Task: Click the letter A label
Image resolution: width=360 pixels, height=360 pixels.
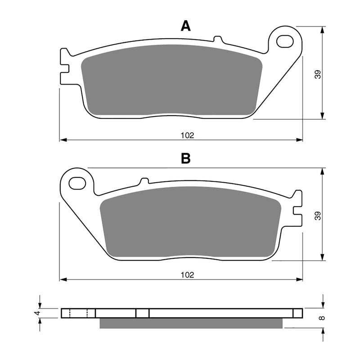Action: [185, 26]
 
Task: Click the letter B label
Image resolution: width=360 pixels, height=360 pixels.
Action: [185, 158]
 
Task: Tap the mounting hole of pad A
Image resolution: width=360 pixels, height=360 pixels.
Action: [285, 42]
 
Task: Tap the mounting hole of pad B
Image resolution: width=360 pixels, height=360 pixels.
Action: [77, 183]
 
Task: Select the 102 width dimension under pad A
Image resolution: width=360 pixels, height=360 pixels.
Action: [188, 135]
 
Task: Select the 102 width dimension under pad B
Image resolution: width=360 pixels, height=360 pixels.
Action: [188, 274]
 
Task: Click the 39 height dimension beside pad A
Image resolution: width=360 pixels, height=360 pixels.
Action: [318, 74]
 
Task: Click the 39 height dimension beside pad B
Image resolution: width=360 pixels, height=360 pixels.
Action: [318, 215]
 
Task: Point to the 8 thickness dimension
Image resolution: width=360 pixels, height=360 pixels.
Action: [320, 318]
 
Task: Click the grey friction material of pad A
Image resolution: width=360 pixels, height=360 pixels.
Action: [171, 81]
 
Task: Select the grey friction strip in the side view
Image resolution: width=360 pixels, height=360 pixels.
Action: [191, 323]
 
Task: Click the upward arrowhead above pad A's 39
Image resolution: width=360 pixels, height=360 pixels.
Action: [323, 30]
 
